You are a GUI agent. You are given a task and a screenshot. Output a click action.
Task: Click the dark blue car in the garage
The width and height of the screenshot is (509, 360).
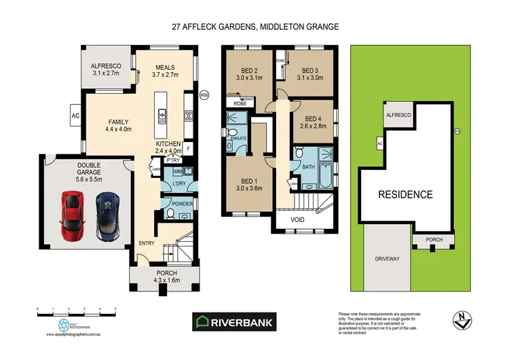107,217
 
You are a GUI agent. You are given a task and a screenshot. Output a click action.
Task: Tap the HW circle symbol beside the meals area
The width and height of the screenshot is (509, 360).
204,96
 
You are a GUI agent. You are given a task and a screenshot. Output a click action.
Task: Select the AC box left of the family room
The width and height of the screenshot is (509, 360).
75,115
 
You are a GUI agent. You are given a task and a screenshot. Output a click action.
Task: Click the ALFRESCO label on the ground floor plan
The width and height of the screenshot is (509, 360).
105,66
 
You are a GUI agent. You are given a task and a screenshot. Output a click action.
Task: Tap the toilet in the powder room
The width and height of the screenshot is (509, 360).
170,215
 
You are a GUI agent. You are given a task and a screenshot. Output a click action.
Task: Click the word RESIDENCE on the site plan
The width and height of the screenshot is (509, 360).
406,194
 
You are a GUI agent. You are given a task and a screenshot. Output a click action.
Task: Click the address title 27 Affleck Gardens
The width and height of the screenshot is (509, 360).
254,27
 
